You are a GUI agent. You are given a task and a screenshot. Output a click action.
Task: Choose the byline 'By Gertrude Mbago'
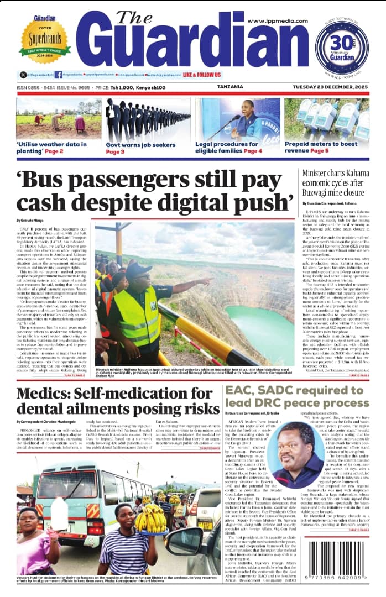tap(34, 221)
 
